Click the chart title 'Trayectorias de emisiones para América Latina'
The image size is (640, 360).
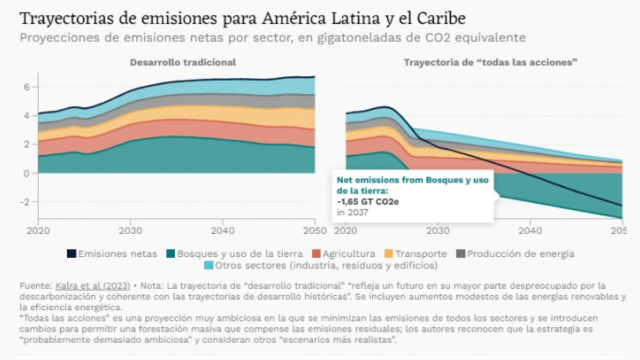243,19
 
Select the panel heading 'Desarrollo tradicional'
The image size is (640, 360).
183,62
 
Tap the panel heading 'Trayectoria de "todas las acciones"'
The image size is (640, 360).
491,62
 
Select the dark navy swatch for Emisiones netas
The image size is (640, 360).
71,254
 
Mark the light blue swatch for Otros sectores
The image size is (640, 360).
210,265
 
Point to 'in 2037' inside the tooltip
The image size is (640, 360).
353,212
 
